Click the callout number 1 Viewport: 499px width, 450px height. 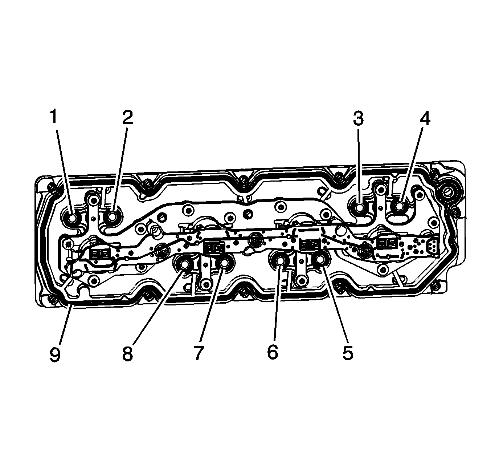(54, 117)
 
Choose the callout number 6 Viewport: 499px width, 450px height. (273, 352)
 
